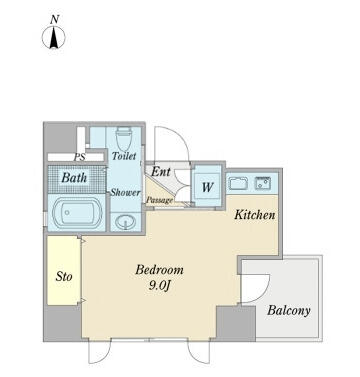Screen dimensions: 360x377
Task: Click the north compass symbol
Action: pos(54,37)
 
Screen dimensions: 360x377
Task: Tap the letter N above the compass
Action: pos(54,20)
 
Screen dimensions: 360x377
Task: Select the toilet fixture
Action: pos(124,139)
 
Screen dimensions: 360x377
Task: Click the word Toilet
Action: pos(124,156)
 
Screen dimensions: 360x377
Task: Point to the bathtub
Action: pos(77,213)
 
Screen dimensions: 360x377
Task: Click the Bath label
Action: pos(74,178)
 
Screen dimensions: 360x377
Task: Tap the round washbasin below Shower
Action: pos(125,222)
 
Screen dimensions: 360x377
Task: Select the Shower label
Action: pos(125,192)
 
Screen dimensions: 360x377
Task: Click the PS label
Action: pos(80,157)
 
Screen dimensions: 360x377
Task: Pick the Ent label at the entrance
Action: pos(161,172)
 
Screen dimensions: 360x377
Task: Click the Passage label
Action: pos(160,200)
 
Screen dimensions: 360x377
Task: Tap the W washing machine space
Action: pos(207,187)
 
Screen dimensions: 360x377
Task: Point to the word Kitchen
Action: pos(255,215)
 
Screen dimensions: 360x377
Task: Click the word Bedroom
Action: pos(159,269)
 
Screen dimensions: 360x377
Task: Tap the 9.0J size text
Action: pos(160,286)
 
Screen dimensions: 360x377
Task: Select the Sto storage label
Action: pos(64,276)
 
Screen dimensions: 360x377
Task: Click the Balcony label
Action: pos(289,310)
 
